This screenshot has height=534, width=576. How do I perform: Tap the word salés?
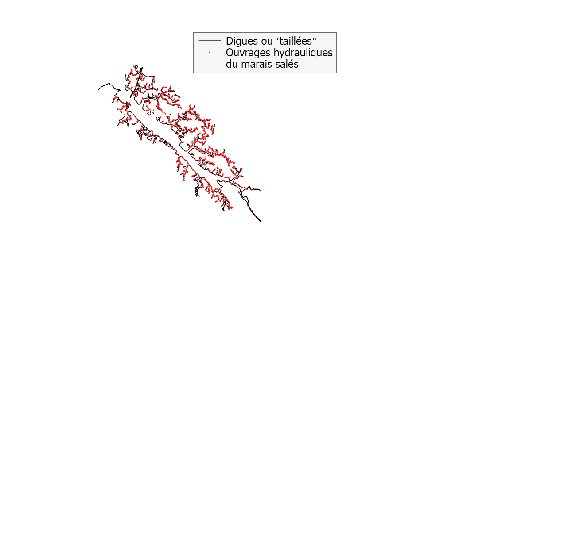pyautogui.click(x=287, y=64)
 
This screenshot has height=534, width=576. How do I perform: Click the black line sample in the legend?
pyautogui.click(x=210, y=41)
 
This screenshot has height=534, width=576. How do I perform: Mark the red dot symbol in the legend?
pyautogui.click(x=210, y=53)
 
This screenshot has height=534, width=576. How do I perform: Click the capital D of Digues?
pyautogui.click(x=230, y=41)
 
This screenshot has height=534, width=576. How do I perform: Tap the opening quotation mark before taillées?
pyautogui.click(x=276, y=38)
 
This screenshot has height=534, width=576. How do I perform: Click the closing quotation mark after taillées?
pyautogui.click(x=315, y=38)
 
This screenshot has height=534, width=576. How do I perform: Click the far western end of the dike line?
pyautogui.click(x=98, y=89)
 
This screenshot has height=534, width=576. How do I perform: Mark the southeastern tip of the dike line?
pyautogui.click(x=261, y=222)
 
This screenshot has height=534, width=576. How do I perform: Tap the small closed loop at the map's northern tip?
pyautogui.click(x=136, y=67)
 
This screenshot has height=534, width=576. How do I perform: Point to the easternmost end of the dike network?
pyautogui.click(x=260, y=190)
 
